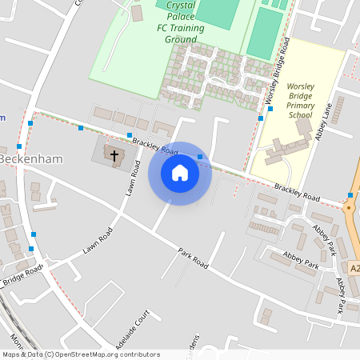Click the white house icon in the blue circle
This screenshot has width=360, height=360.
click(180, 173)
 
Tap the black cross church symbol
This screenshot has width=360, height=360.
click(114, 155)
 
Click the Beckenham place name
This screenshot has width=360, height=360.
click(32, 158)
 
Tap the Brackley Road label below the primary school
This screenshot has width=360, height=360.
click(297, 193)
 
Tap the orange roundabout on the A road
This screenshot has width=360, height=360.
click(350, 207)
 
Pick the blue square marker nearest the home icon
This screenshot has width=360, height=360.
click(200, 156)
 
